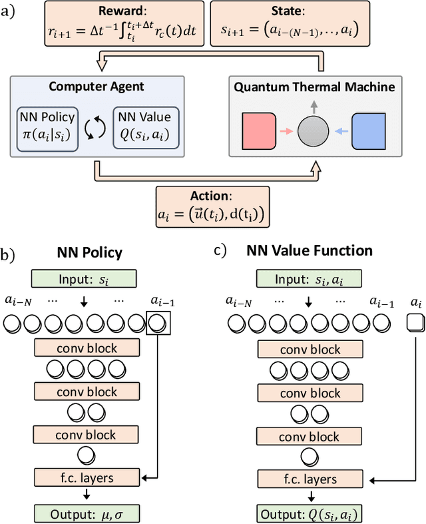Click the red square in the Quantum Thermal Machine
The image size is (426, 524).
(x=258, y=131)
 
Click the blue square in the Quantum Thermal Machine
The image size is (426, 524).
(x=369, y=131)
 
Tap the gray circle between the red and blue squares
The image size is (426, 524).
(x=314, y=131)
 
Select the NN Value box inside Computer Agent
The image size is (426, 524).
(x=146, y=125)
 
